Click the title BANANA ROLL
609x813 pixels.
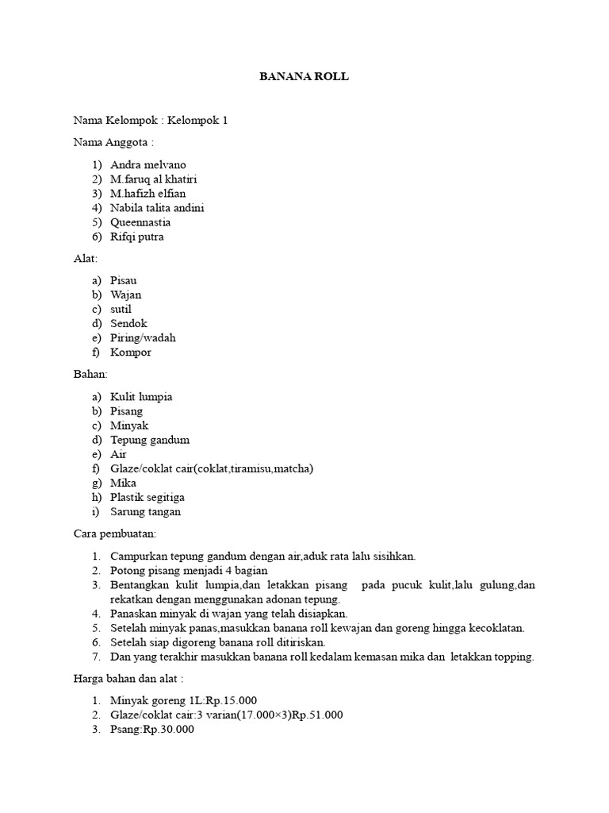(304, 77)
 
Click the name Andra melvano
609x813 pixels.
(148, 164)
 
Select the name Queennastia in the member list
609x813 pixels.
(140, 222)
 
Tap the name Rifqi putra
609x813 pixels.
(137, 237)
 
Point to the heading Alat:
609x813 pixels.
(84, 259)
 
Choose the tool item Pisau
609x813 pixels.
(124, 280)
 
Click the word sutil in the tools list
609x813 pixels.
(121, 309)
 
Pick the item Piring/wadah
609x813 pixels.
(143, 337)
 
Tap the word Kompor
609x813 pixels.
(131, 352)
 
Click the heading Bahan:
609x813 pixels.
(90, 374)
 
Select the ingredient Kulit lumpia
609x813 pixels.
(141, 396)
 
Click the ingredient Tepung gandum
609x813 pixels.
(150, 440)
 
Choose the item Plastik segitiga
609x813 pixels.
(147, 497)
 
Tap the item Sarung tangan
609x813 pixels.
(145, 511)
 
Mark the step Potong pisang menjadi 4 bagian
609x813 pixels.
(189, 570)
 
